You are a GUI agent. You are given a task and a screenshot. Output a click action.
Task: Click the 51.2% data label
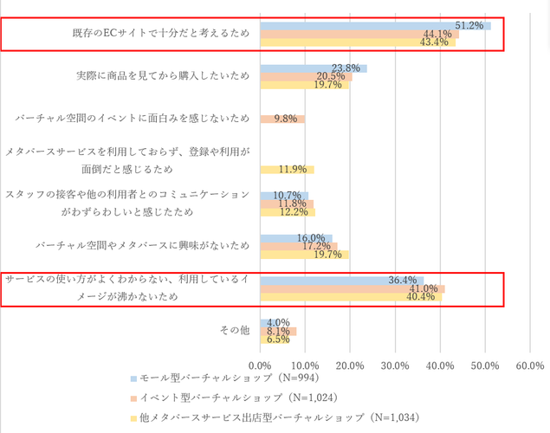click(469, 25)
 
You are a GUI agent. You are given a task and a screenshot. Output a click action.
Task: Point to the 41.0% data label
click(424, 288)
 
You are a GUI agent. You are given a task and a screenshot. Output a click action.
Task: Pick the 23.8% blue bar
click(314, 68)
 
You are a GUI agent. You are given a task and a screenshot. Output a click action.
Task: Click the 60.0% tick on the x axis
click(529, 365)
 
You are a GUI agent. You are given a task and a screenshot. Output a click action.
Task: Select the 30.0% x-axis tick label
click(395, 365)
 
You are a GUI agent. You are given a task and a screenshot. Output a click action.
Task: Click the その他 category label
click(234, 330)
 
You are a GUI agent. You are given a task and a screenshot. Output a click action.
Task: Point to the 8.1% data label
click(278, 331)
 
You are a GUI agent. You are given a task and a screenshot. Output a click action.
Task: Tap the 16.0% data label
click(311, 238)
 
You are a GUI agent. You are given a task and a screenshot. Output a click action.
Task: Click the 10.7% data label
click(286, 196)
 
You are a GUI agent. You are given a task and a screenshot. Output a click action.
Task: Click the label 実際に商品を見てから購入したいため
click(163, 76)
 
